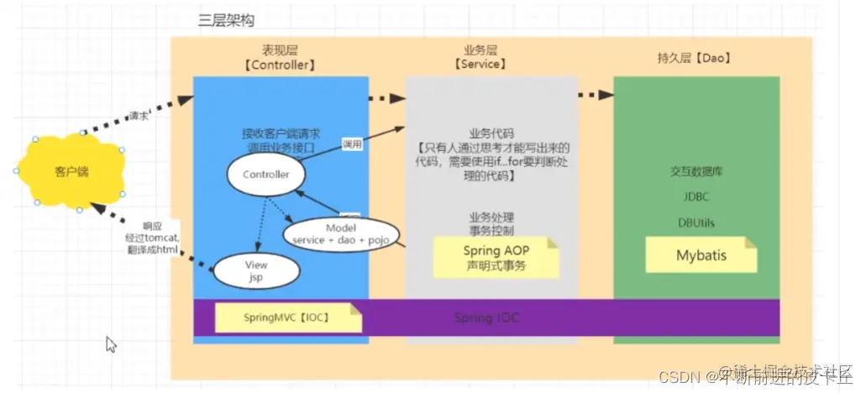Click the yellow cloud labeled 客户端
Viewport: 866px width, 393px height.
pos(71,171)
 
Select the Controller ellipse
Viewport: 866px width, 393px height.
pos(265,175)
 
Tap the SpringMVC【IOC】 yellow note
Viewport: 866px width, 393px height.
pos(286,317)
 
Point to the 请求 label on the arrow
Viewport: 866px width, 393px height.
pos(139,116)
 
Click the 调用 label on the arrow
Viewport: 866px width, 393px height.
pos(352,144)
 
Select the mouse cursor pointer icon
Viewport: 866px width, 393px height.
pos(111,343)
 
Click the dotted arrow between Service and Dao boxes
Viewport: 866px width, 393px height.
pos(595,96)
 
